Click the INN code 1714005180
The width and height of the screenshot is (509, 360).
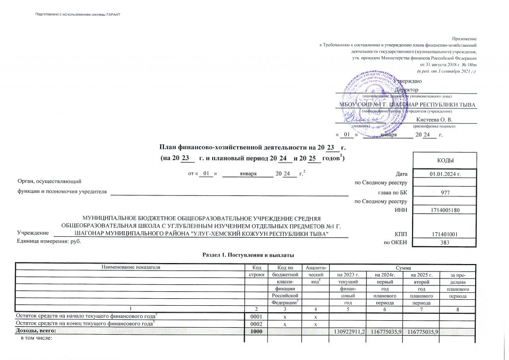tap(445, 210)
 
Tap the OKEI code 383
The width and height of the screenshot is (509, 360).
tap(445, 242)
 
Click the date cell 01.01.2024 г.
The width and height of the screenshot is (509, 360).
tap(445, 174)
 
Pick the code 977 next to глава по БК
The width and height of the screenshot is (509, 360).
tap(445, 192)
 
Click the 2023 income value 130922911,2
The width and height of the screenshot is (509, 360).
tap(348, 331)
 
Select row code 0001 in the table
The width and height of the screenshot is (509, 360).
tap(256, 316)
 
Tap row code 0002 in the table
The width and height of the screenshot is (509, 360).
tap(256, 324)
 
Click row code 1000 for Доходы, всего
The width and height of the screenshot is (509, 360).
tap(256, 331)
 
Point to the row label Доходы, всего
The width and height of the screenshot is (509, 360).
tap(33, 331)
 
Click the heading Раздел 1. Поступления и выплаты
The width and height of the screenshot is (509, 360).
tap(245, 255)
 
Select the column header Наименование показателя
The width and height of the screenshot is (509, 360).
tap(131, 267)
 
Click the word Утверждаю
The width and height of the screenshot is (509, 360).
tap(409, 81)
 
